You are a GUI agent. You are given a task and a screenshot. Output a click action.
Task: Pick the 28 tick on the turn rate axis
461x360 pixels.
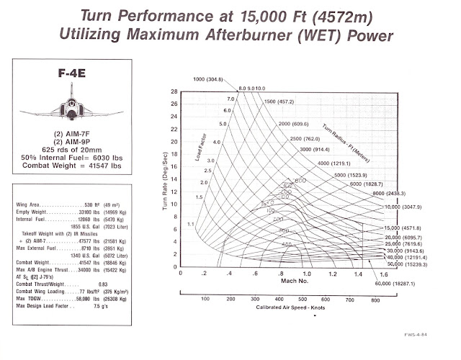[174, 92]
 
